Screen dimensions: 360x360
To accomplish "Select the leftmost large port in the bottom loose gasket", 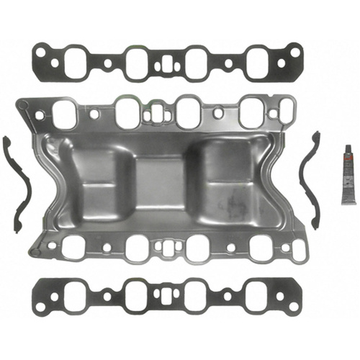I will [x=71, y=296].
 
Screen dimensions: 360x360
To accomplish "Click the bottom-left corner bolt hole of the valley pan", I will [x=32, y=252].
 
